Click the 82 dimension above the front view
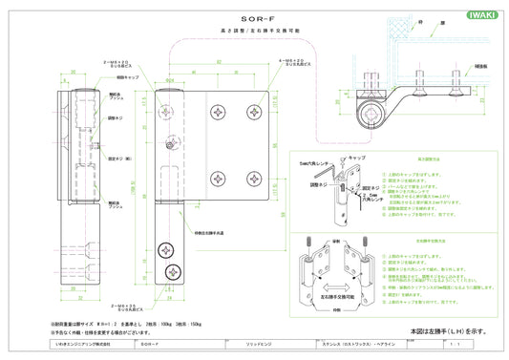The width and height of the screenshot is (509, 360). point(218,63)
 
